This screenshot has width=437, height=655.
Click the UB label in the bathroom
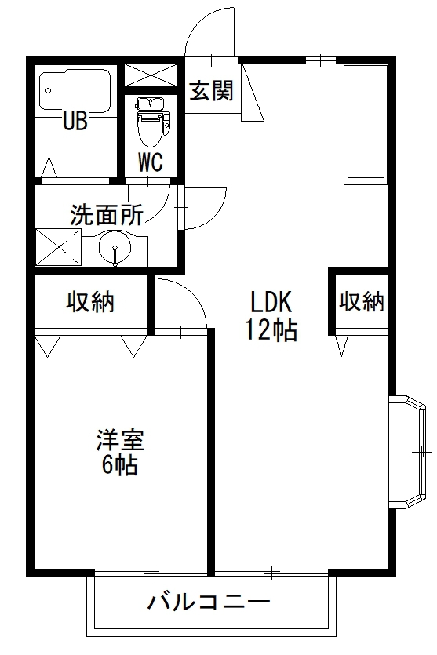pos(75,121)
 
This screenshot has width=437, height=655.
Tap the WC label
pos(151,162)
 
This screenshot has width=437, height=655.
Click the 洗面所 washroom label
pos(107,214)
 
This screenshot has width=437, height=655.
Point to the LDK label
pos(271,302)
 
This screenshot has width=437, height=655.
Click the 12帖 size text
pos(271,330)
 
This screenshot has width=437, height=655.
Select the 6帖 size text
pos(119,466)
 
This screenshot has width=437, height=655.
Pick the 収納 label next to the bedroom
pos(90,302)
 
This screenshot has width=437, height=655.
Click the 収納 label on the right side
pos(362,302)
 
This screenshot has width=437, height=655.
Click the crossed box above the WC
pos(150,75)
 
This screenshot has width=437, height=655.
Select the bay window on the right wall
pos(410,452)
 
